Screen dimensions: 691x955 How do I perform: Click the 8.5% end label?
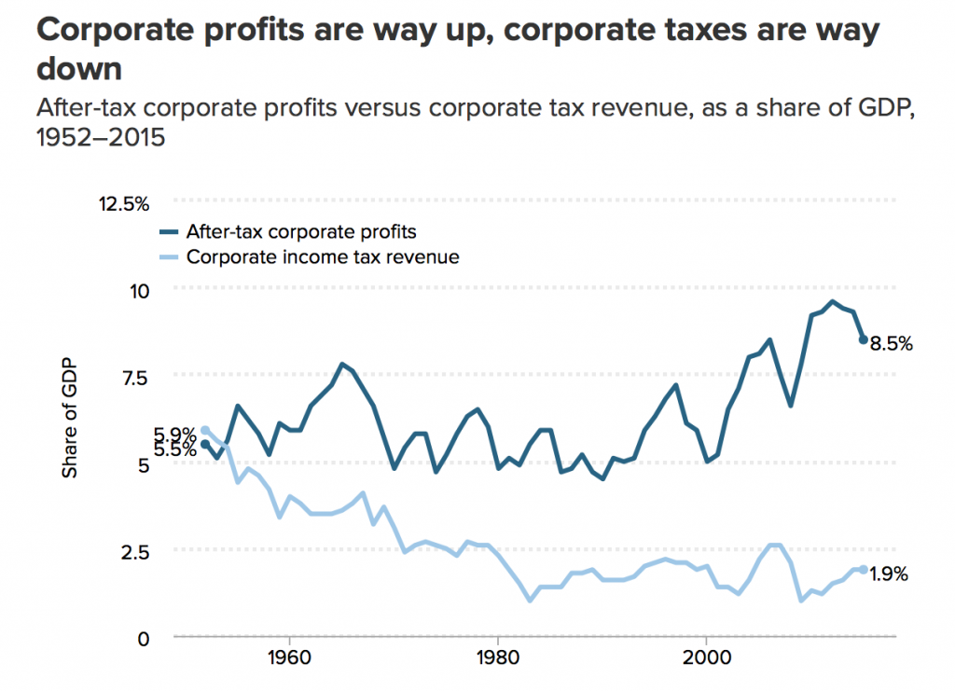pyautogui.click(x=891, y=343)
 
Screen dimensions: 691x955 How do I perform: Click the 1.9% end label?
pyautogui.click(x=889, y=574)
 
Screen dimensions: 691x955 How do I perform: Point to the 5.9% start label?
pyautogui.click(x=175, y=434)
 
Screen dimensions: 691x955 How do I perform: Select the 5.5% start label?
pyautogui.click(x=175, y=449)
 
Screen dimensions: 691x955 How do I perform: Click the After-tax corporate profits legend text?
pyautogui.click(x=300, y=231)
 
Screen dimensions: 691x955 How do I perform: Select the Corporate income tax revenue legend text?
pyautogui.click(x=323, y=256)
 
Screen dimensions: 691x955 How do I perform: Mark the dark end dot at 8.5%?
pyautogui.click(x=864, y=340)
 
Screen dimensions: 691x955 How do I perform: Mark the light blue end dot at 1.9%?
pyautogui.click(x=864, y=569)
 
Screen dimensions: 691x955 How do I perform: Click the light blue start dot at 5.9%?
pyautogui.click(x=205, y=430)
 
